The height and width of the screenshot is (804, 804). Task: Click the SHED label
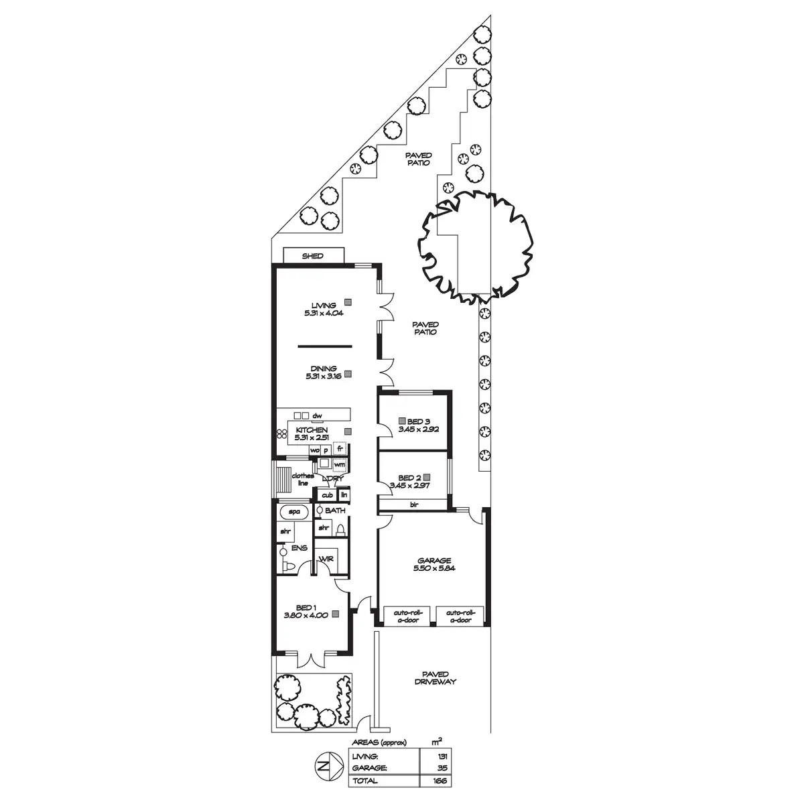[313, 256]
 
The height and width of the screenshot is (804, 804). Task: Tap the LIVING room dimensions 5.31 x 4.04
[324, 312]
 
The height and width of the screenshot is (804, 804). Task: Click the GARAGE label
[434, 560]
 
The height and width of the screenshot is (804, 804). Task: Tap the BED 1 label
[305, 608]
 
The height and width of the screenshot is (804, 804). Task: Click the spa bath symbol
[293, 512]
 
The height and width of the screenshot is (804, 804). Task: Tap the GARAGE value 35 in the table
[440, 768]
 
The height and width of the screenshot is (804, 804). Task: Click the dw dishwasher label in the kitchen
[327, 416]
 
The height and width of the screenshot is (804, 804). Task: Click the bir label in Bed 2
[414, 505]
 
